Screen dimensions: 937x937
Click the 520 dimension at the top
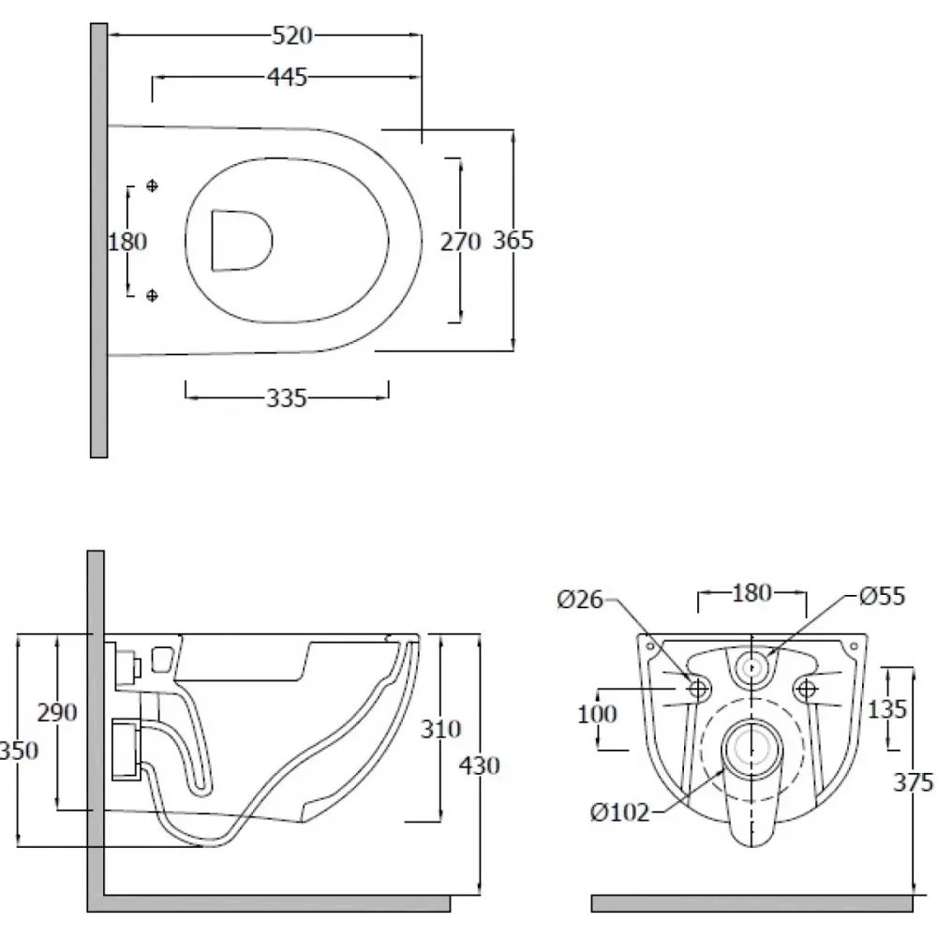[292, 36]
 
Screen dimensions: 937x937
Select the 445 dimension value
[287, 77]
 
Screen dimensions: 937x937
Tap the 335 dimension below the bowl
[286, 398]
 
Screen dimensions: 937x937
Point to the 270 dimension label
[460, 242]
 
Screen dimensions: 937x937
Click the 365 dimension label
[513, 240]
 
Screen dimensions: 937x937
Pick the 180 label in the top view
[127, 242]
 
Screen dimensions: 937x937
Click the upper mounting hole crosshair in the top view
[152, 186]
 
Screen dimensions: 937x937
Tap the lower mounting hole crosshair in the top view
[152, 295]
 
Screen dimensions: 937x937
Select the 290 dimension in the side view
[57, 712]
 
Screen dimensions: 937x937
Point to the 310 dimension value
[441, 729]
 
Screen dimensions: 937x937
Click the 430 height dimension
[479, 766]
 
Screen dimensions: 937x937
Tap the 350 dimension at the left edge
[19, 751]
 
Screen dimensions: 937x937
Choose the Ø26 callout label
[580, 599]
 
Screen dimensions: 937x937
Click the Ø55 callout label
[882, 596]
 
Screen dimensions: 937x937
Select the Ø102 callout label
[619, 812]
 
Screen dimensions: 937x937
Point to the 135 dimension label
[886, 709]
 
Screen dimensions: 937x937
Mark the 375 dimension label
[913, 782]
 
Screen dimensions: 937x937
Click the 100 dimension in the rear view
[597, 713]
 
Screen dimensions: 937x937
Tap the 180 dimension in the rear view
[751, 593]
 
